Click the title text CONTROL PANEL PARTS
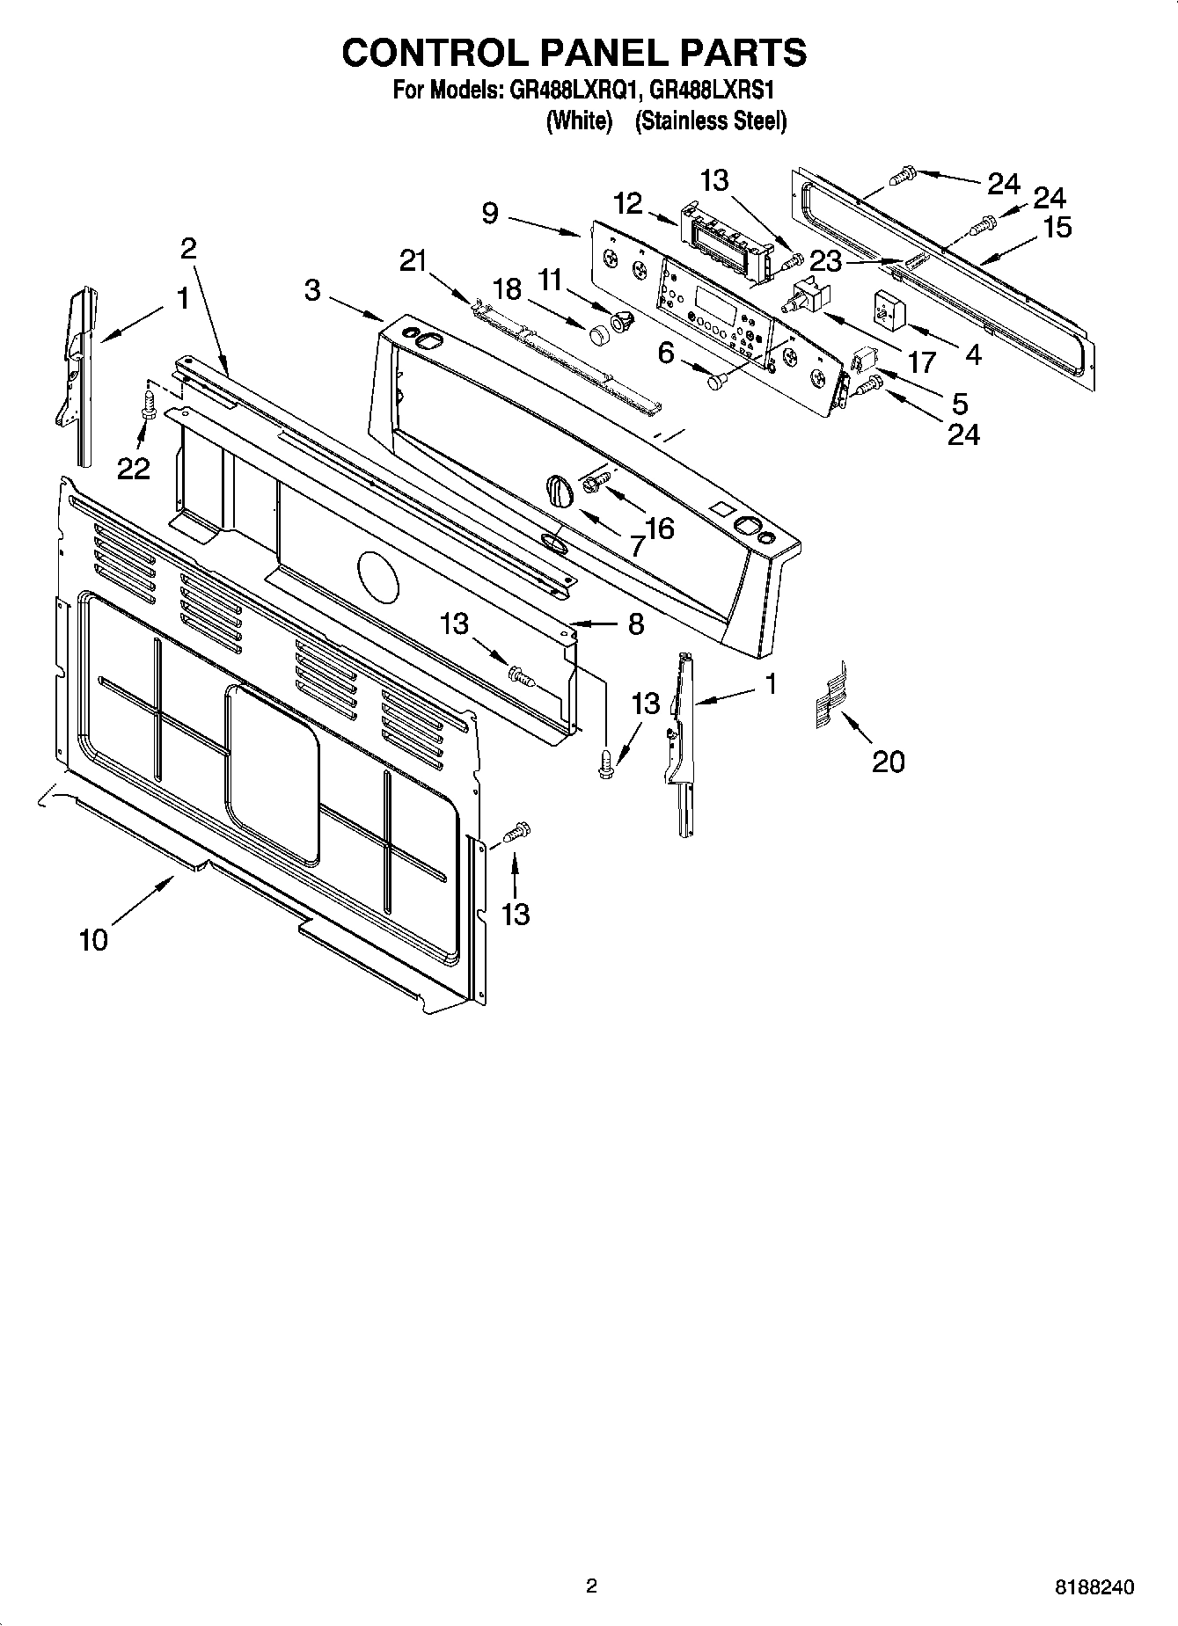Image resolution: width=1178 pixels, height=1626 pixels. tap(574, 53)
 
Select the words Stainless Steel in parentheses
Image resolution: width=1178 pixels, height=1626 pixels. tap(710, 121)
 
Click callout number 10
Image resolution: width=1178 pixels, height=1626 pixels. tap(93, 939)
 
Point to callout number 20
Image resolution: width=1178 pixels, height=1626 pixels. tap(888, 761)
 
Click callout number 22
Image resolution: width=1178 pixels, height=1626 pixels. tap(134, 469)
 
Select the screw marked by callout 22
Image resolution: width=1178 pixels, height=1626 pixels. tap(149, 406)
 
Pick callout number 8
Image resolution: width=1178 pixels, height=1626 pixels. tap(636, 624)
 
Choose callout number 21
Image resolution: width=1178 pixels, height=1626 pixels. tap(413, 260)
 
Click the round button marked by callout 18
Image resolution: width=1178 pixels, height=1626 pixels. tap(599, 335)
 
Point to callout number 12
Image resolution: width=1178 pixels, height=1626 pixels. tap(628, 203)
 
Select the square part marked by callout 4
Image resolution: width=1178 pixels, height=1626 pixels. tap(889, 310)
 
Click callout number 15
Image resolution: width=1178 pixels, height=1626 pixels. tap(1057, 227)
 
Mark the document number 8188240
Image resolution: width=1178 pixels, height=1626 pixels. tap(1094, 1587)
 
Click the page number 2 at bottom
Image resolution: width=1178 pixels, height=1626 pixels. tap(591, 1586)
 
